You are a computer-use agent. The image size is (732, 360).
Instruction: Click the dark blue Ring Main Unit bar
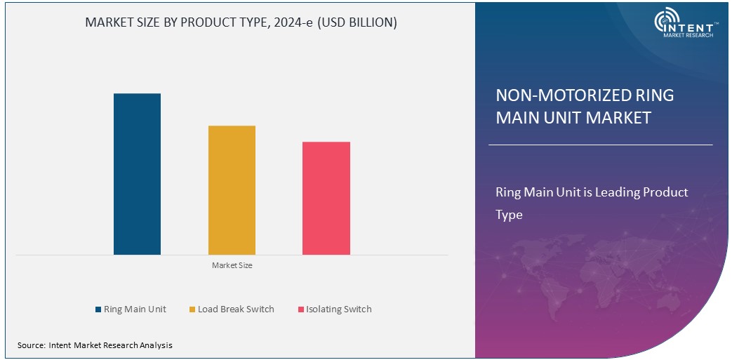pyautogui.click(x=137, y=174)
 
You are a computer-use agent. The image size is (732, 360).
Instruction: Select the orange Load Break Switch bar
pyautogui.click(x=232, y=190)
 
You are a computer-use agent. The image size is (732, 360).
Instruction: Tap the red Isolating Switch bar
pyautogui.click(x=326, y=198)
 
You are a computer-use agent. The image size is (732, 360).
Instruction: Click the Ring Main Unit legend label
pyautogui.click(x=135, y=309)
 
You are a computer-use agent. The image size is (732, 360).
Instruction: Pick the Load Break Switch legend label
pyautogui.click(x=236, y=309)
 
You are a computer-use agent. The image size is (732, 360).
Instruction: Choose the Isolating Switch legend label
pyautogui.click(x=339, y=309)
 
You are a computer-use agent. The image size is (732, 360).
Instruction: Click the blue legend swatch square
pyautogui.click(x=98, y=309)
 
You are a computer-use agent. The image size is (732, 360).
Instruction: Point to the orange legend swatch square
pyautogui.click(x=192, y=309)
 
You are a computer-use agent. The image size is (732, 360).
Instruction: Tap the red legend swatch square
pyautogui.click(x=300, y=309)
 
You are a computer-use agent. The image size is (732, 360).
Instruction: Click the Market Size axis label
pyautogui.click(x=232, y=266)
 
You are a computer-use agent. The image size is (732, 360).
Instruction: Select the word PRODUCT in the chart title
pyautogui.click(x=207, y=22)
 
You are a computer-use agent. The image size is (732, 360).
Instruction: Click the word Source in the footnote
pyautogui.click(x=31, y=345)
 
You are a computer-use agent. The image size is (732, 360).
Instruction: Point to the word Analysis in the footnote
pyautogui.click(x=154, y=345)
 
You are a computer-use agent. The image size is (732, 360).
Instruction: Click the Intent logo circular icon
pyautogui.click(x=665, y=21)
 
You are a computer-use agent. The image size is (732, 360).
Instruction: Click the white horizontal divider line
pyautogui.click(x=600, y=145)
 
